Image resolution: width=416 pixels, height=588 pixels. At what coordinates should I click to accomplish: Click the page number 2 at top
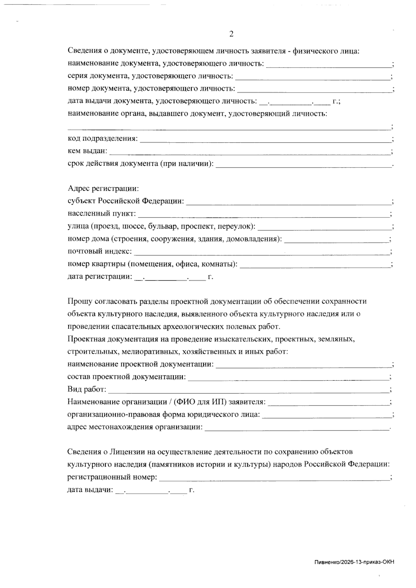232,34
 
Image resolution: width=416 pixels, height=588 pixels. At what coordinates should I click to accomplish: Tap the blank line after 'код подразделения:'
265,139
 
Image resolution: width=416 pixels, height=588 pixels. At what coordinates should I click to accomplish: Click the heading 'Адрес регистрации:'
103,189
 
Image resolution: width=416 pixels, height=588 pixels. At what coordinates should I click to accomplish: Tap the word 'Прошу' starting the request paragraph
78,301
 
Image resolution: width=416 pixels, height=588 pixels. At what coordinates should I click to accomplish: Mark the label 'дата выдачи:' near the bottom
90,490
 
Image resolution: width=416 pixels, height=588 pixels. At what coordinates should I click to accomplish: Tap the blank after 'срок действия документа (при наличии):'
303,164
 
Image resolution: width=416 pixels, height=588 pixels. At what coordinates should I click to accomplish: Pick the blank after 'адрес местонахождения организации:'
297,428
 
